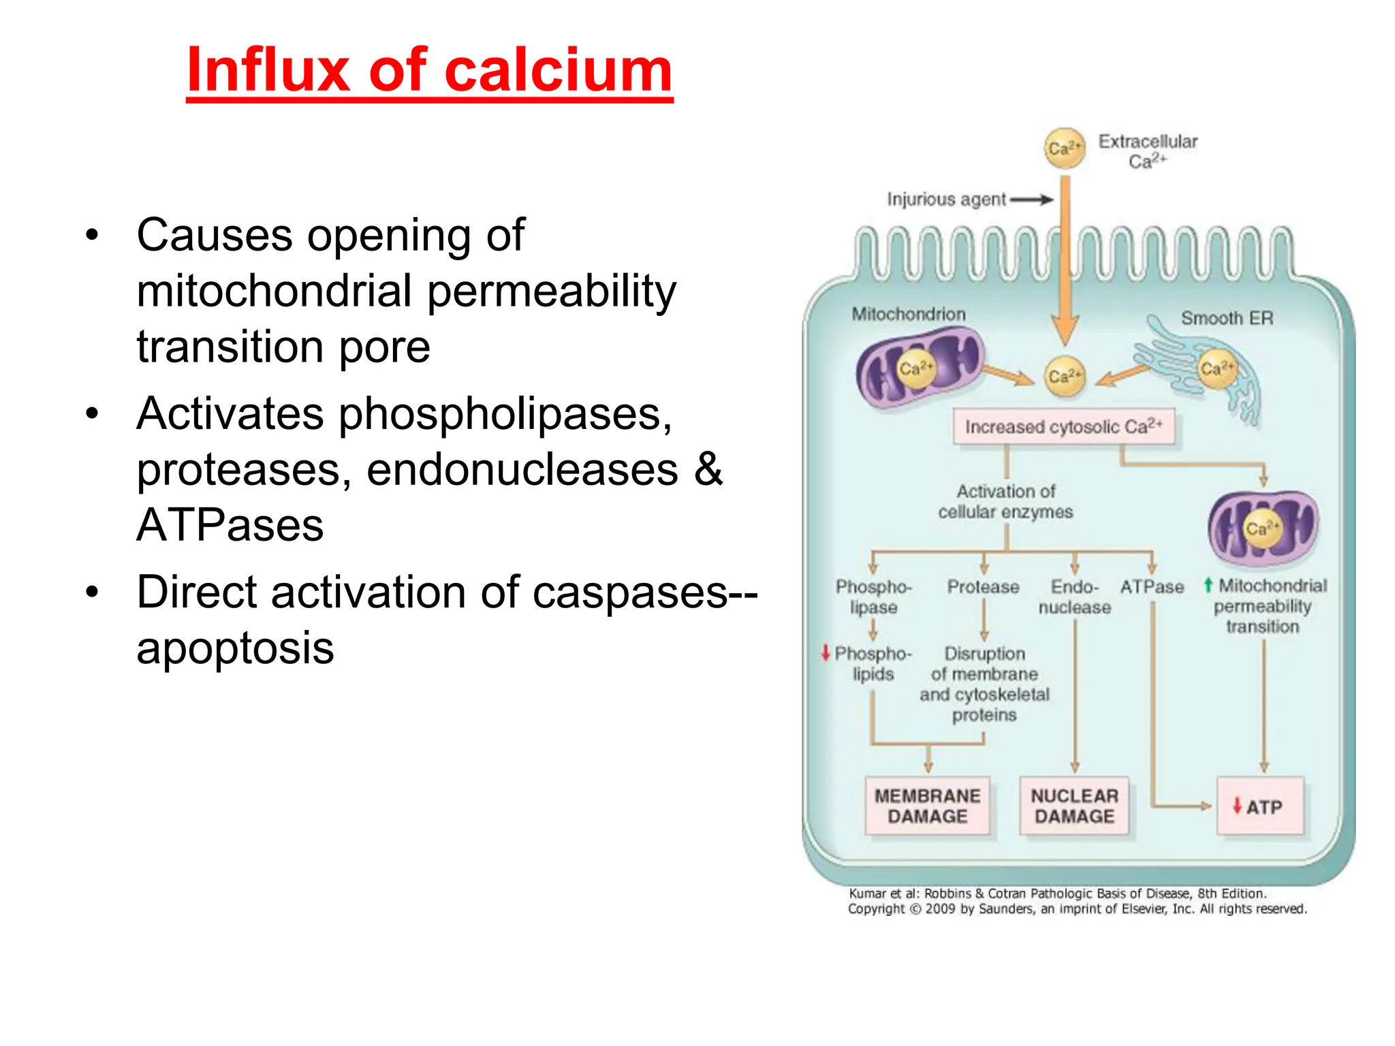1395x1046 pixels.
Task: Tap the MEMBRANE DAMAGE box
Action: click(x=927, y=806)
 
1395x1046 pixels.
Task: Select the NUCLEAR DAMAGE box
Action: click(x=1074, y=806)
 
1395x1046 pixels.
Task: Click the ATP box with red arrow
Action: click(x=1260, y=806)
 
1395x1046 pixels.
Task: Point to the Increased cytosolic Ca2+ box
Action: click(x=1063, y=427)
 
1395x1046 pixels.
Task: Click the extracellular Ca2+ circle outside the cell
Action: click(x=1065, y=148)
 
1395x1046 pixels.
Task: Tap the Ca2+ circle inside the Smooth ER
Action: click(x=1217, y=369)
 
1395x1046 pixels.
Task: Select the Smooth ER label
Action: click(x=1227, y=318)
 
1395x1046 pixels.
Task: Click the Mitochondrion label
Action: click(x=909, y=314)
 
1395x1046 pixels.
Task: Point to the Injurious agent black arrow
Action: click(x=1031, y=200)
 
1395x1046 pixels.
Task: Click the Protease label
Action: click(x=983, y=587)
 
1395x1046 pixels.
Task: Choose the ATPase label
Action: click(x=1152, y=587)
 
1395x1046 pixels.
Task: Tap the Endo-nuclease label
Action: click(x=1074, y=597)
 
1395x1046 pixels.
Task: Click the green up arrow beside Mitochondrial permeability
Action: click(x=1208, y=585)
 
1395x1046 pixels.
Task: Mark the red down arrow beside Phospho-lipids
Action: click(x=826, y=652)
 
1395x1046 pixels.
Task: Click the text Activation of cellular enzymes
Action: click(x=1005, y=501)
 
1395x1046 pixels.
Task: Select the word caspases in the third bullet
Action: click(x=630, y=592)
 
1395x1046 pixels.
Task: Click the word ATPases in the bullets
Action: click(x=230, y=525)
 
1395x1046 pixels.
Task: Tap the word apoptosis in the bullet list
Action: click(x=235, y=648)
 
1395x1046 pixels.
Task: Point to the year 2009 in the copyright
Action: click(x=940, y=909)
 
